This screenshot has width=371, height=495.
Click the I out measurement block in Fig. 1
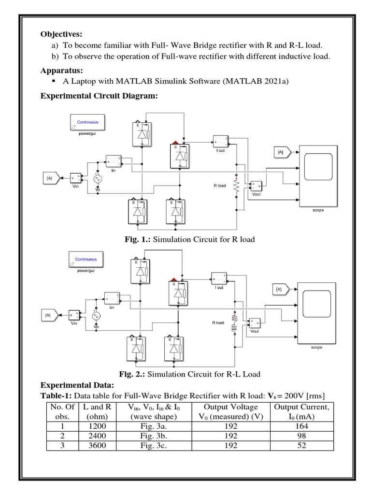(220, 141)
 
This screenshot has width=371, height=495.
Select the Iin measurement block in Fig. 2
(112, 298)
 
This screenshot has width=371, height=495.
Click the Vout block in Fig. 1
(255, 186)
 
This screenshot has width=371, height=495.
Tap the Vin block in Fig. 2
(75, 315)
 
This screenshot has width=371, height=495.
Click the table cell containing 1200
(97, 426)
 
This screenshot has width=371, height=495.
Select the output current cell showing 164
(301, 426)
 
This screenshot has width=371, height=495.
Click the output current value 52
(301, 446)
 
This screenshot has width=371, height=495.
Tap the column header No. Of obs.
(63, 412)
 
